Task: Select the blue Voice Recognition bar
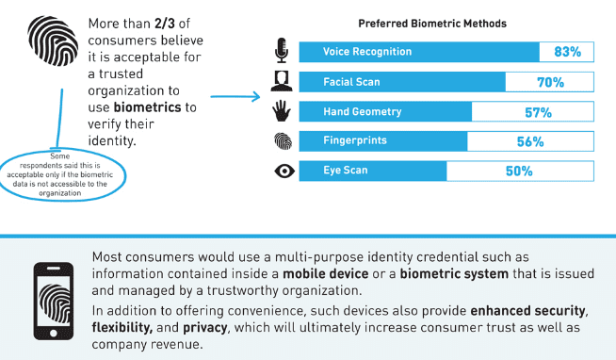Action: point(419,52)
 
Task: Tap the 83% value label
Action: point(568,53)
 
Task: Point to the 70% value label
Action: point(550,82)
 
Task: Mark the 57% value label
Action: point(538,113)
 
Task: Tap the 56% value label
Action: point(530,142)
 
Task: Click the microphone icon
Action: point(281,51)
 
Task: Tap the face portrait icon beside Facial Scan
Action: point(281,82)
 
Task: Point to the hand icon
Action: point(281,112)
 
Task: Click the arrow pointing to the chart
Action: point(235,96)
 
